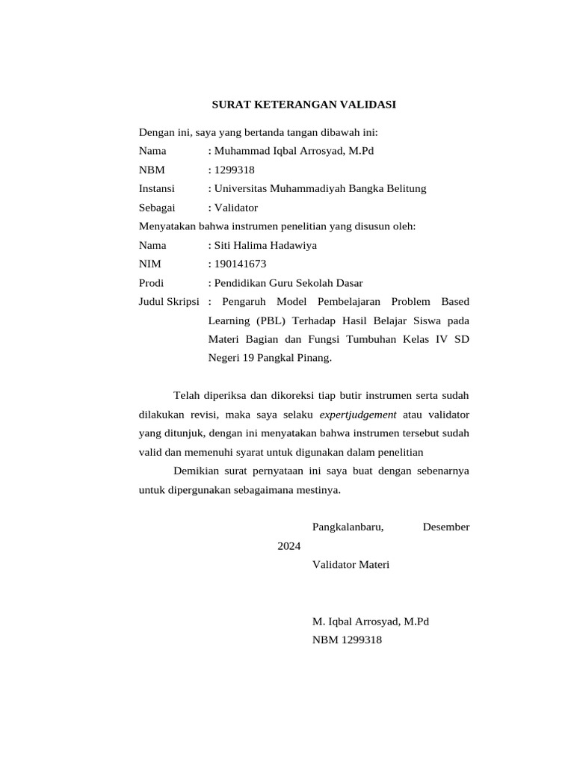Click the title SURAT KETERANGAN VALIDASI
tap(303, 105)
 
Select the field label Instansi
tap(156, 189)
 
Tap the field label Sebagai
tap(157, 208)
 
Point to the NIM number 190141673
tap(240, 264)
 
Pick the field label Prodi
tap(152, 283)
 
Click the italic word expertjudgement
tap(358, 414)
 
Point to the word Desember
tap(445, 527)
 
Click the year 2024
tap(289, 546)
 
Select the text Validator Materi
tap(351, 565)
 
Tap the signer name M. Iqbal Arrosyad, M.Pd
tap(370, 622)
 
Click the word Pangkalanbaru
tap(348, 527)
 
